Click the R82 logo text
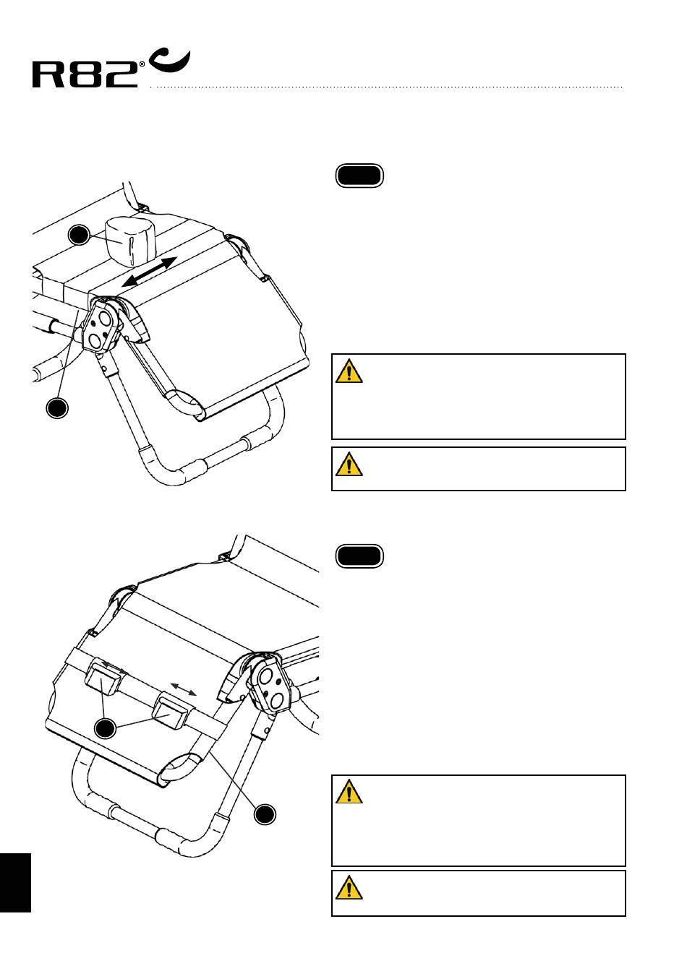tap(85, 74)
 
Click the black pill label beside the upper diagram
tap(359, 176)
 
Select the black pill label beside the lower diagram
tap(359, 556)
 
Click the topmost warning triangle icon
tap(349, 371)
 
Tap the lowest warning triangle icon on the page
tap(349, 887)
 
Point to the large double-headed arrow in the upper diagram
tap(148, 272)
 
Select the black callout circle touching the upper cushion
tap(79, 234)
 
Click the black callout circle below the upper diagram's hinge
tap(57, 407)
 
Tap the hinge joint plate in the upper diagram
tap(103, 327)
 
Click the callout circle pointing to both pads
tap(106, 728)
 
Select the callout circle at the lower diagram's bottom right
tap(265, 814)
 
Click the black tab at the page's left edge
tap(15, 882)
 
